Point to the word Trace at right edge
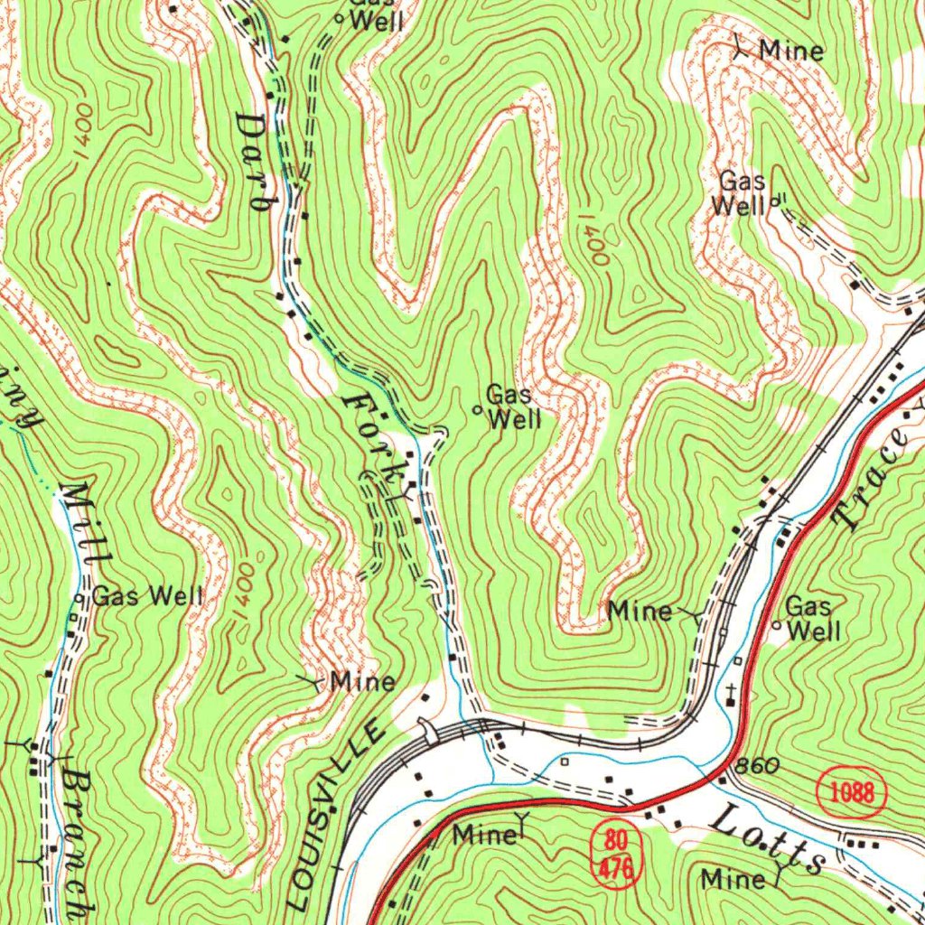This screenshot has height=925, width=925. [874, 479]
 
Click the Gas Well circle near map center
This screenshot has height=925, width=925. [478, 409]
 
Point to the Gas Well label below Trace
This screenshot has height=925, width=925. [810, 618]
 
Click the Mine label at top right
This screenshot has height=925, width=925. [791, 50]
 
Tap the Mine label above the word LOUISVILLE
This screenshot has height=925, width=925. [362, 680]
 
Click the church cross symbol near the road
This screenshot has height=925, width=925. [731, 693]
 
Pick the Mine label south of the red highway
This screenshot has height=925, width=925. [485, 834]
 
